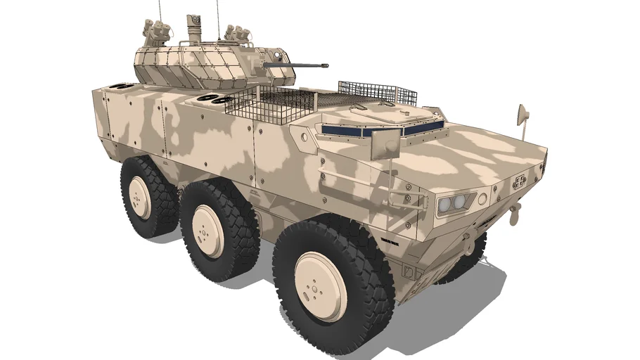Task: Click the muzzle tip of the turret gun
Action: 326,66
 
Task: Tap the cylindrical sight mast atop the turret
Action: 194,29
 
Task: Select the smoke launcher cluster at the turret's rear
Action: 157,31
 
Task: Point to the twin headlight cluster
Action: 454,203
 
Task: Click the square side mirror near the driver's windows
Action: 385,146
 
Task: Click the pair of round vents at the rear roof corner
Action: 121,87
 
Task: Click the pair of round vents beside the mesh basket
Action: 215,98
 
